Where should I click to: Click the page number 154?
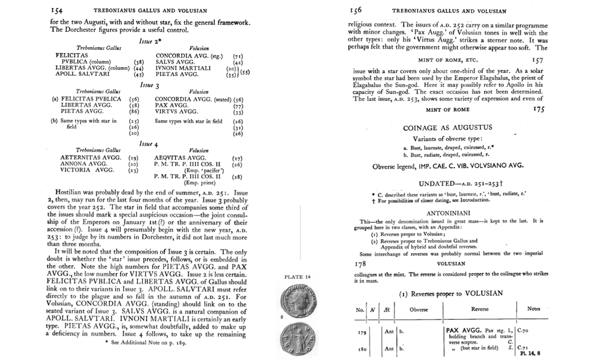[x=57, y=11]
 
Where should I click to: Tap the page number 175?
[x=538, y=110]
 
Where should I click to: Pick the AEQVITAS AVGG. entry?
[x=180, y=158]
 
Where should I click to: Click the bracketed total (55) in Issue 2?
[x=247, y=72]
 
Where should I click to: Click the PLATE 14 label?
[x=297, y=277]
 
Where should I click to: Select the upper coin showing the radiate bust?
[x=297, y=299]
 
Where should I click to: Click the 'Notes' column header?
[x=533, y=309]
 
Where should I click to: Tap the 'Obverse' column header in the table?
[x=418, y=309]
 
